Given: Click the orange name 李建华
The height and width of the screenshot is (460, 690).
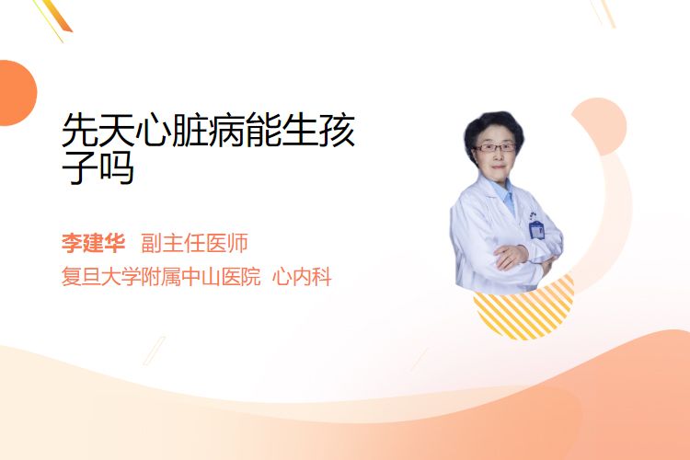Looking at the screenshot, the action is click(x=93, y=243).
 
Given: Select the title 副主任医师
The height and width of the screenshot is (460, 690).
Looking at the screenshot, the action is click(x=194, y=243).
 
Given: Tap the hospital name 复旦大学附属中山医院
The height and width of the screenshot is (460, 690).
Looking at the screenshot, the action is click(x=161, y=276).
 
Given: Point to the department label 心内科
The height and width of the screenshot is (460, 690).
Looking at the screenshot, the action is click(x=302, y=276).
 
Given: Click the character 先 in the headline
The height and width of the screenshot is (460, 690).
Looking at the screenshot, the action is click(x=80, y=131).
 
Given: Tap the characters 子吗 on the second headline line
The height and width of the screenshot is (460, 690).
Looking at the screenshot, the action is click(x=98, y=167).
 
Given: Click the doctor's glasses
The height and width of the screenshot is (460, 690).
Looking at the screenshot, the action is click(x=495, y=148).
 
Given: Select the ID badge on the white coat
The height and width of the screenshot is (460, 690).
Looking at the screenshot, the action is click(x=536, y=229).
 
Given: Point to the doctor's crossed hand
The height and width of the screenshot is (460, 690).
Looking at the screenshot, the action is click(x=511, y=257).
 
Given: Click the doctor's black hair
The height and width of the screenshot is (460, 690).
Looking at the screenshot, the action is click(x=494, y=128).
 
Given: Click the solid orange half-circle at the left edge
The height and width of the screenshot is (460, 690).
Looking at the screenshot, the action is click(x=17, y=93).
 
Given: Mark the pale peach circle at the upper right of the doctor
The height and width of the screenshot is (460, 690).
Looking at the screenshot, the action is click(x=599, y=126).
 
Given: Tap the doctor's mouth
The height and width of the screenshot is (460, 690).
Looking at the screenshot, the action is click(x=498, y=167).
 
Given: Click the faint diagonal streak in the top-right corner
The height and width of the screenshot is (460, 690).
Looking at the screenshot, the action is click(x=604, y=13).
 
